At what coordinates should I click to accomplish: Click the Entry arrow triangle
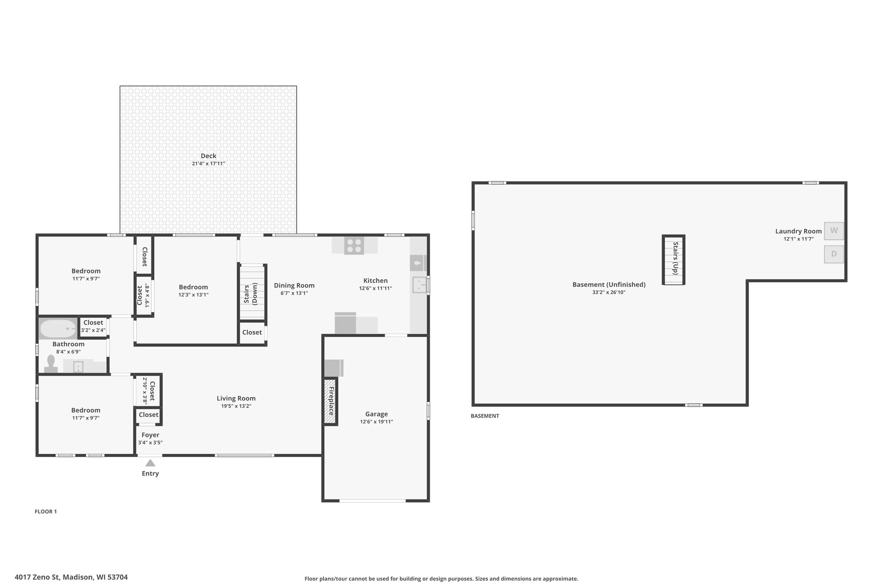(150, 463)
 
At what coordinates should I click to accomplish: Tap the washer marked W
(834, 231)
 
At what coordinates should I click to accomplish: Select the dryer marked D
(834, 254)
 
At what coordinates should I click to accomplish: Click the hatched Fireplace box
(330, 401)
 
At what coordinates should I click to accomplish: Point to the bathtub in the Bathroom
(58, 329)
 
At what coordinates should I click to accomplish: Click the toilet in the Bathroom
(51, 364)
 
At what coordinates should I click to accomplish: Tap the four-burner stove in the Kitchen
(354, 246)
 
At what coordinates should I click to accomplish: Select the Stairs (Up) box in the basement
(673, 260)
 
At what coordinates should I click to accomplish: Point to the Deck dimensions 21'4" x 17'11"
(209, 164)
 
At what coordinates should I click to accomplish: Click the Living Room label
(236, 398)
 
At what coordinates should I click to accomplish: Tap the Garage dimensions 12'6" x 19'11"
(376, 422)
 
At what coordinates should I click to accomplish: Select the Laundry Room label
(798, 231)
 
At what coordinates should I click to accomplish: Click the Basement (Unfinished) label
(609, 285)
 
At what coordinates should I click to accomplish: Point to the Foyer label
(150, 435)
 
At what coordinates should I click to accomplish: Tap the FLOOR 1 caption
(46, 512)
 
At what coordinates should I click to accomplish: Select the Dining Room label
(294, 285)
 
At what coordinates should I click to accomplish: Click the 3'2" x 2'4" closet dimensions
(93, 330)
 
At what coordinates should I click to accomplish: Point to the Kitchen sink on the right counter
(419, 285)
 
